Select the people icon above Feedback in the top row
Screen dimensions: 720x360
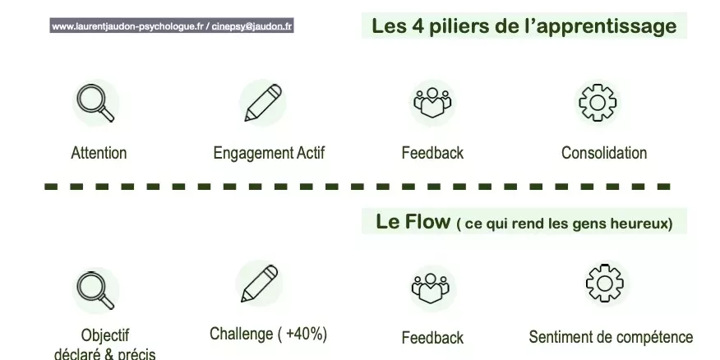[x=432, y=103]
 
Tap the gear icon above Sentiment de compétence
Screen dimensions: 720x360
[x=604, y=284]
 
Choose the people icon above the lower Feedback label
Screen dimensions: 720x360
[x=432, y=288]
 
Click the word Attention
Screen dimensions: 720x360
[x=99, y=153]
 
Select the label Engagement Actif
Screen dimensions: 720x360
[x=269, y=153]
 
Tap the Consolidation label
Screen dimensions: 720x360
[x=604, y=153]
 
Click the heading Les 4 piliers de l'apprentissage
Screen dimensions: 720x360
[x=524, y=26]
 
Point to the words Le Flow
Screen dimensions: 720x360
[x=413, y=222]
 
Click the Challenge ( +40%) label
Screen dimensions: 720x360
[x=268, y=334]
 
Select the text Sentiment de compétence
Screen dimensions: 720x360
[x=611, y=337]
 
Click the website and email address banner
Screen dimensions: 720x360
[x=172, y=26]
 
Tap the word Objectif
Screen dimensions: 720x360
[x=105, y=335]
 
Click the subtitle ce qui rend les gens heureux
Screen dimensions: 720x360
[x=564, y=224]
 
